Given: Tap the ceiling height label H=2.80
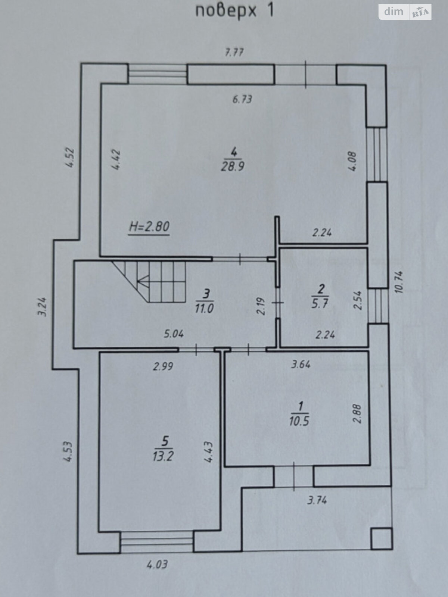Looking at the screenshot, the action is tap(149, 226).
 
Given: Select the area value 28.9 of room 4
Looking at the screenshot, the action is tap(233, 166).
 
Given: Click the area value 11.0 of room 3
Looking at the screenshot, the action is tap(204, 309).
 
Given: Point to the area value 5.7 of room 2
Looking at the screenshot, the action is tap(320, 303).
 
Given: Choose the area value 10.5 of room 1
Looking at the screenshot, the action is tap(299, 421).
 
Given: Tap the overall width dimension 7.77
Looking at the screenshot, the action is tap(234, 52).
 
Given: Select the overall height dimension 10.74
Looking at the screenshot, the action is tap(399, 282).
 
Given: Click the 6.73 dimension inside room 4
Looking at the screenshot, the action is tap(242, 99).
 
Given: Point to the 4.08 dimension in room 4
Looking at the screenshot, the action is tap(352, 161).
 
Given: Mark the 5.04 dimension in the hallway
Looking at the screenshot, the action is tap(174, 334).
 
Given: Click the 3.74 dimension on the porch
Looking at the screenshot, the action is tap(317, 500).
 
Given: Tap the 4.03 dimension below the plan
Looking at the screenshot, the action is tap(157, 565).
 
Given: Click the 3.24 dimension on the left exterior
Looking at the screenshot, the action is tap(42, 307).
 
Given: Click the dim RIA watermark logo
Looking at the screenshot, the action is tap(405, 12).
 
